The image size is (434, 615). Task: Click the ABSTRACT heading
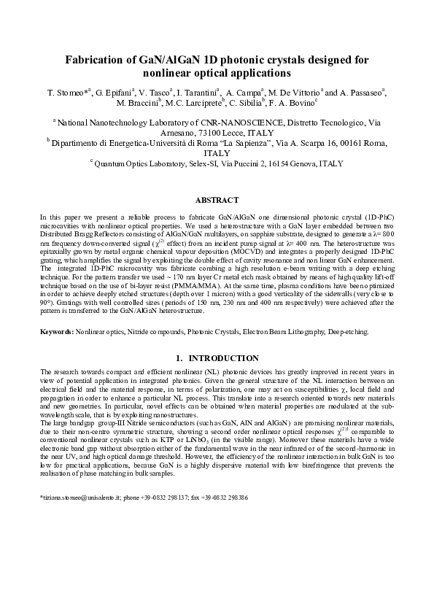217,200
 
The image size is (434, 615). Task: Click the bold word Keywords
55,331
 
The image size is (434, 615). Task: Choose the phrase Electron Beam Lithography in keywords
291,331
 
